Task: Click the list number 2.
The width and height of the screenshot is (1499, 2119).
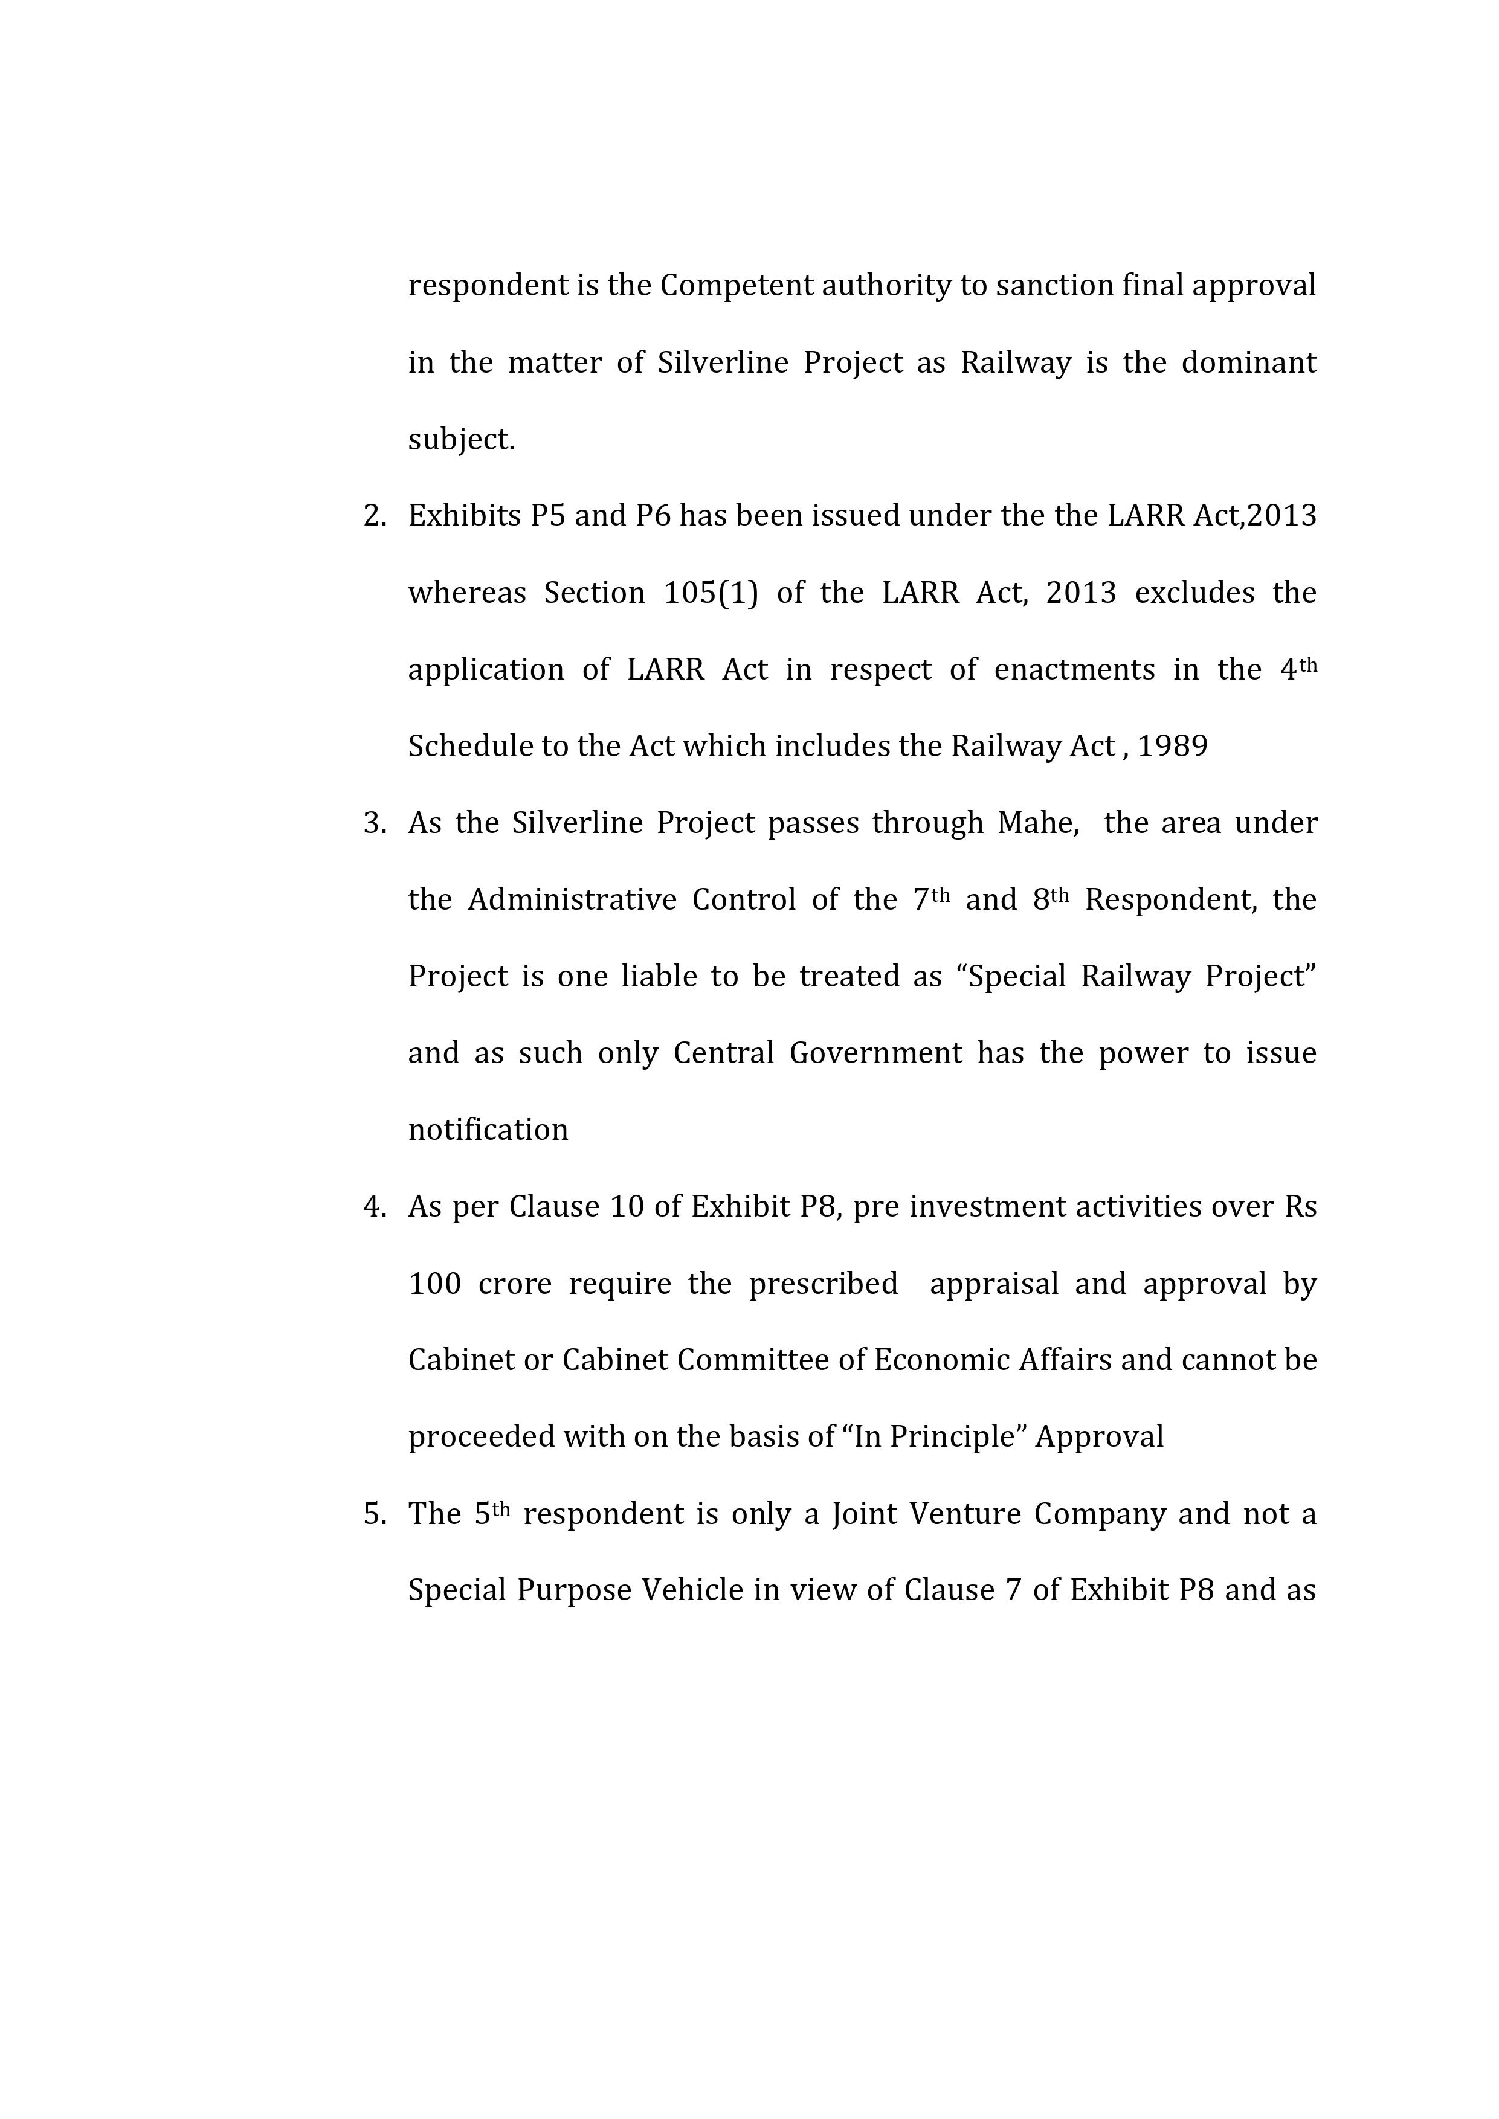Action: [x=374, y=516]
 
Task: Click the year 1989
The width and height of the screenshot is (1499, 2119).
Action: [x=1172, y=746]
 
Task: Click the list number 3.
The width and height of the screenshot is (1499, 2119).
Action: [x=374, y=822]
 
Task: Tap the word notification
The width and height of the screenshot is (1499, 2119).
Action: [x=488, y=1130]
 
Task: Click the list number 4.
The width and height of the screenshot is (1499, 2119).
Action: [x=374, y=1206]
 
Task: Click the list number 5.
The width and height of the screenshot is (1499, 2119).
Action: [x=374, y=1514]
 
